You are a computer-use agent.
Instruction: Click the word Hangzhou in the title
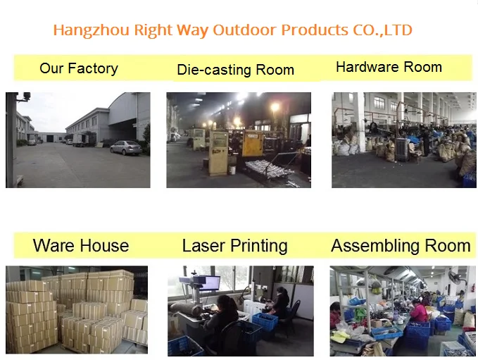(x=91, y=30)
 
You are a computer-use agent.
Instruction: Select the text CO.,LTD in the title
(x=382, y=30)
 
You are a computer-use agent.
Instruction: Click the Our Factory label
(x=79, y=68)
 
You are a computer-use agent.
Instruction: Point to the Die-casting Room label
(x=235, y=70)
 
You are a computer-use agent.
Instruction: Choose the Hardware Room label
(x=389, y=67)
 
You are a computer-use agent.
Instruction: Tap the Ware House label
(x=81, y=246)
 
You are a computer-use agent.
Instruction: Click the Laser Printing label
(x=234, y=246)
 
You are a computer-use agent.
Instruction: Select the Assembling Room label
(x=401, y=246)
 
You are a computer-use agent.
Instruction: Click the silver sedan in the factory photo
(x=126, y=148)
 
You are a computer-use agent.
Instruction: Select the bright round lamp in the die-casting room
(x=275, y=107)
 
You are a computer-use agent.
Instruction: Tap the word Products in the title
(x=315, y=30)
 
